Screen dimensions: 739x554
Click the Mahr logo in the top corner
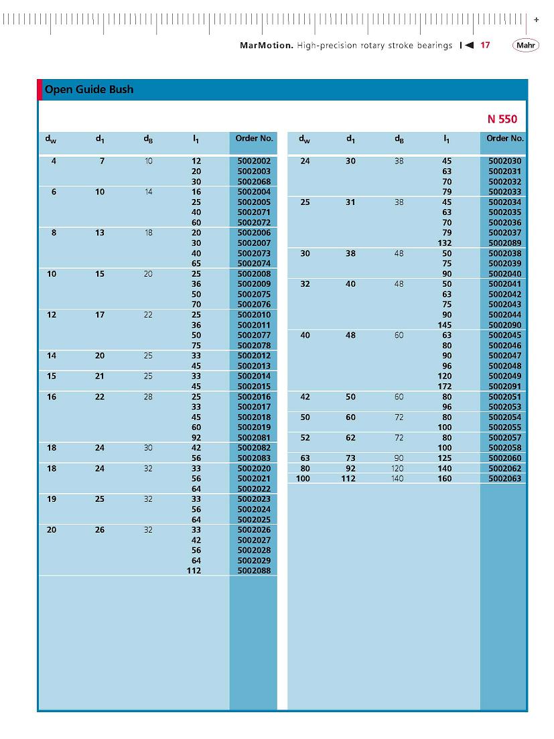coord(526,46)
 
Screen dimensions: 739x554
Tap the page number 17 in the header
coord(486,46)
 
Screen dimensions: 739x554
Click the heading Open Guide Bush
coord(89,89)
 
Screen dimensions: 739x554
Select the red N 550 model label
coord(502,119)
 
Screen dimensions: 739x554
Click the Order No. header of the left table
coord(254,139)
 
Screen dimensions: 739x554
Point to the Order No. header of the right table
coord(505,139)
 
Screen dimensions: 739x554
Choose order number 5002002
coord(254,161)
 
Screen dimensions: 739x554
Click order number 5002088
coord(254,571)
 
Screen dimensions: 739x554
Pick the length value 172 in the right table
coord(445,387)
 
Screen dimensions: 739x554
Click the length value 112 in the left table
coord(194,571)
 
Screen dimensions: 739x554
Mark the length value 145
coord(445,325)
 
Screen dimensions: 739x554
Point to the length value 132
coord(445,243)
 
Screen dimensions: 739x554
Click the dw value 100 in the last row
coord(303,479)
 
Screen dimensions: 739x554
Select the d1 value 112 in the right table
coord(348,479)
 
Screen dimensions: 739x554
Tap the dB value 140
coord(398,479)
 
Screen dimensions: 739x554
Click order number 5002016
coord(254,397)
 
